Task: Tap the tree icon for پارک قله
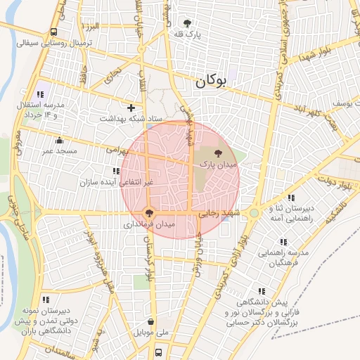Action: pos(187,23)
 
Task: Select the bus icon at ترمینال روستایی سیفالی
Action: pos(54,32)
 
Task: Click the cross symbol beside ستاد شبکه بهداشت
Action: pos(131,108)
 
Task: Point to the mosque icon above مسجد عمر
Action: pos(59,141)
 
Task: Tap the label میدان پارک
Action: pos(219,163)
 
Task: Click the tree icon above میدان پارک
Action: pos(217,152)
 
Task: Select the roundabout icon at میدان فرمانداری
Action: pos(148,212)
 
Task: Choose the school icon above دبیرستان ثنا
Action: pos(291,198)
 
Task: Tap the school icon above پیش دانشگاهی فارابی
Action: pos(262,291)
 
